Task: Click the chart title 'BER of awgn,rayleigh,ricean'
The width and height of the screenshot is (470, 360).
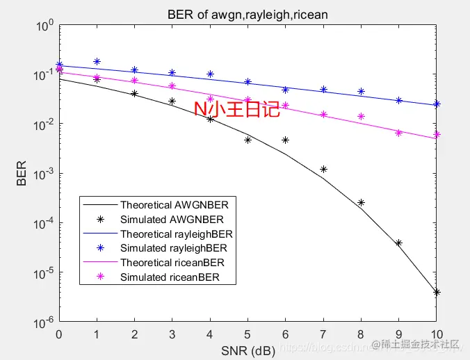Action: click(x=247, y=14)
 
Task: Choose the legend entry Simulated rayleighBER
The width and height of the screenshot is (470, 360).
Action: click(x=173, y=248)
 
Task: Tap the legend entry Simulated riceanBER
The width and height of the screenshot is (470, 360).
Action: click(x=170, y=277)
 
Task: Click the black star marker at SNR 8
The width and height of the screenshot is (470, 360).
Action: click(x=361, y=203)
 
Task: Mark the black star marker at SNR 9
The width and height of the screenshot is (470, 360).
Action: click(x=399, y=243)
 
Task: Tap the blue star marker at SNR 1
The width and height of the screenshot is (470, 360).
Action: click(x=97, y=62)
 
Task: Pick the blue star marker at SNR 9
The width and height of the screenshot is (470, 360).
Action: click(x=399, y=101)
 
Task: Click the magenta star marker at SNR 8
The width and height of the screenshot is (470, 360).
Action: click(x=361, y=117)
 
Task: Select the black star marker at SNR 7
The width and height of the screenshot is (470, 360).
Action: click(x=323, y=169)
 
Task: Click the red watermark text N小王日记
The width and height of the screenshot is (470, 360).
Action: click(x=236, y=109)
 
